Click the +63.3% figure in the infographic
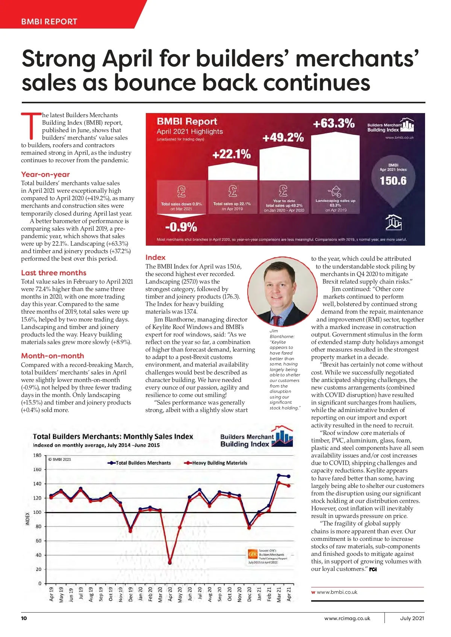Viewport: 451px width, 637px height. point(333,123)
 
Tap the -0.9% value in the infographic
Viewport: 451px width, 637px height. point(181,227)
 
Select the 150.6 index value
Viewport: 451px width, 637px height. point(393,181)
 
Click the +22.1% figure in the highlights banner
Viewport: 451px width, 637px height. point(232,154)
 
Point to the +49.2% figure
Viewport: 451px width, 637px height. point(283,137)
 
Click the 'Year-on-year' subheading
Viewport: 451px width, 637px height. point(45,174)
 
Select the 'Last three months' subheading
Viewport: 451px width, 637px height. point(54,273)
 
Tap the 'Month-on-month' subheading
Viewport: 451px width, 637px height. point(53,356)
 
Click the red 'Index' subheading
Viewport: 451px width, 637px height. point(155,257)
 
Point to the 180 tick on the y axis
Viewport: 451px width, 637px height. point(38,455)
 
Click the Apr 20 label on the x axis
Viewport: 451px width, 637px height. point(170,594)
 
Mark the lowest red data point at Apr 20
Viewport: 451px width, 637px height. point(170,563)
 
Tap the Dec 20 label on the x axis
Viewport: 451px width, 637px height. point(249,594)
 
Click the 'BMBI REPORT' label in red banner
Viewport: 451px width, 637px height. point(49,21)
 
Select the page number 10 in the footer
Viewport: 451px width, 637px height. point(24,618)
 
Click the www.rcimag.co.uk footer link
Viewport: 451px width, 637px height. point(347,618)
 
